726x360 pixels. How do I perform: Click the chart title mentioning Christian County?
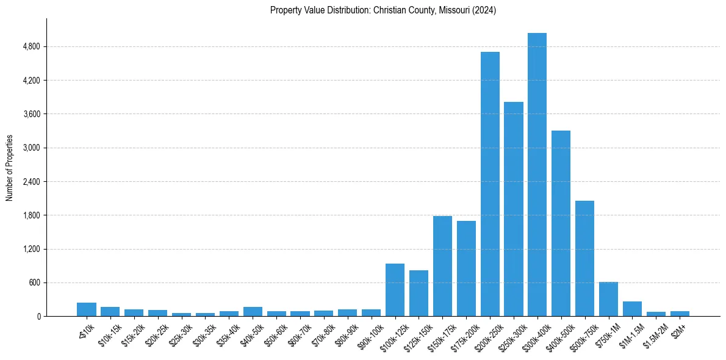click(383, 10)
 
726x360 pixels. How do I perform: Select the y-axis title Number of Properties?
click(10, 168)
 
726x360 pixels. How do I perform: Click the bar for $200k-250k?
click(490, 184)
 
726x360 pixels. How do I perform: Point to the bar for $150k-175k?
click(442, 266)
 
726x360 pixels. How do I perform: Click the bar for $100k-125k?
click(395, 290)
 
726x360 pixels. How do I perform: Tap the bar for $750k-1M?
click(608, 299)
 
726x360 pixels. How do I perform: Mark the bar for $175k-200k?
click(466, 268)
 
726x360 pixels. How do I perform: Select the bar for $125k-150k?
click(419, 293)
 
